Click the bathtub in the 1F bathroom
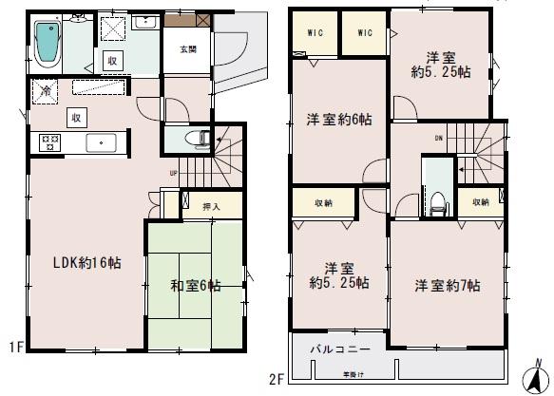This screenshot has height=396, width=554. point(46,43)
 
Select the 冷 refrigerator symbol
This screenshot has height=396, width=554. point(46,92)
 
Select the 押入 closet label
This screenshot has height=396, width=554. point(213,206)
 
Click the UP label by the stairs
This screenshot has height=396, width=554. point(173,173)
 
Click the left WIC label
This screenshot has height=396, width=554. point(315,33)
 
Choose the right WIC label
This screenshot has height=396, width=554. point(363,33)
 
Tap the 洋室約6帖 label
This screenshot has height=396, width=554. point(338,121)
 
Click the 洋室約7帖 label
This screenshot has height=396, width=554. point(447,286)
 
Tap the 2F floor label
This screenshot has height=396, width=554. point(277,382)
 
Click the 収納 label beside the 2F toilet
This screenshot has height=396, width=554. point(480,202)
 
